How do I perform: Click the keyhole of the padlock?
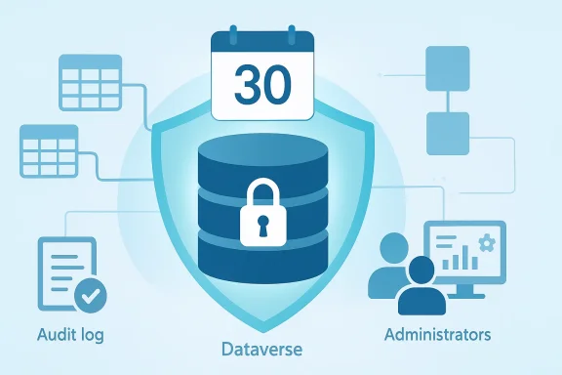click(261, 226)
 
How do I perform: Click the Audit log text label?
click(69, 335)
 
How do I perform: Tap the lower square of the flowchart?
click(448, 133)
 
